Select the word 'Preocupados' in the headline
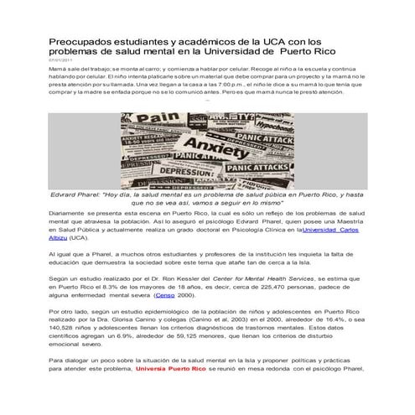coord(81,40)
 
